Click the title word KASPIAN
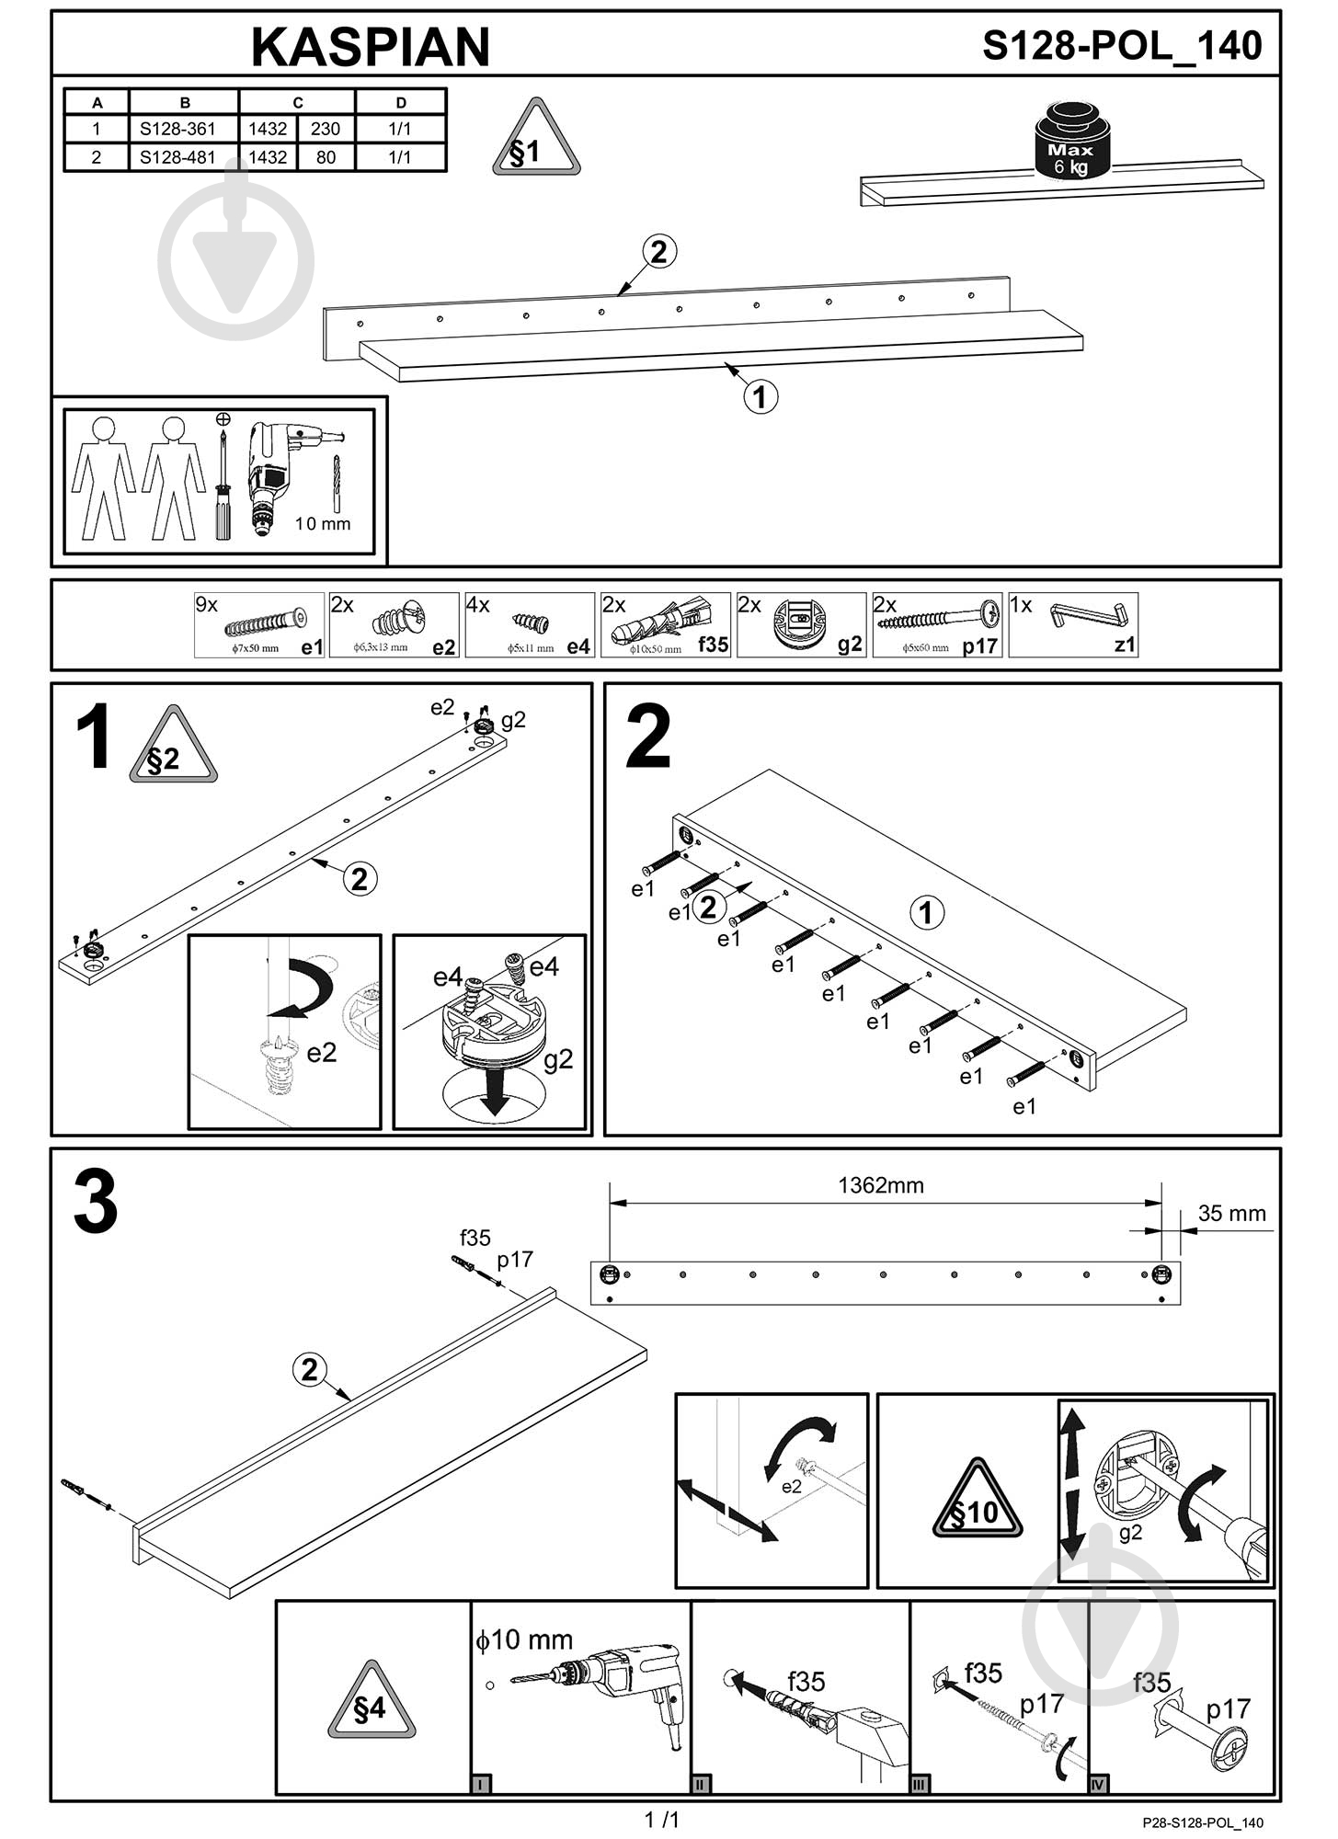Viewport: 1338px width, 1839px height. (x=371, y=47)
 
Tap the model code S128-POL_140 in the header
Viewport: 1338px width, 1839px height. (x=1122, y=45)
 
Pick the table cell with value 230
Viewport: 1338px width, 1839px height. (x=326, y=129)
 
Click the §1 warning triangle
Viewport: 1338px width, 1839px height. (x=536, y=141)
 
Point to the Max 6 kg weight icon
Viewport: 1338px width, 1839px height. (x=1071, y=143)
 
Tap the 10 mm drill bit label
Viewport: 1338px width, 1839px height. (x=322, y=524)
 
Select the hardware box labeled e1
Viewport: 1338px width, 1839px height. (x=259, y=625)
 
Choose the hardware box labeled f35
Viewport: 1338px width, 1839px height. (x=665, y=625)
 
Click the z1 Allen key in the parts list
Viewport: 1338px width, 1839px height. (x=1073, y=625)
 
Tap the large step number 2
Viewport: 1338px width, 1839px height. (x=648, y=737)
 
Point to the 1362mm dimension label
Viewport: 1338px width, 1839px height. (x=880, y=1185)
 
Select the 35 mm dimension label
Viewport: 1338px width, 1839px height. (x=1231, y=1214)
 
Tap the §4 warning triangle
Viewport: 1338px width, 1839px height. (x=372, y=1703)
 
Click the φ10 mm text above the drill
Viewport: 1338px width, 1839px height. (x=523, y=1639)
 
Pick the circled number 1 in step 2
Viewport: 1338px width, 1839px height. (x=926, y=912)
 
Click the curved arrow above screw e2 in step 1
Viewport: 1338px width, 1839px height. (x=303, y=988)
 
